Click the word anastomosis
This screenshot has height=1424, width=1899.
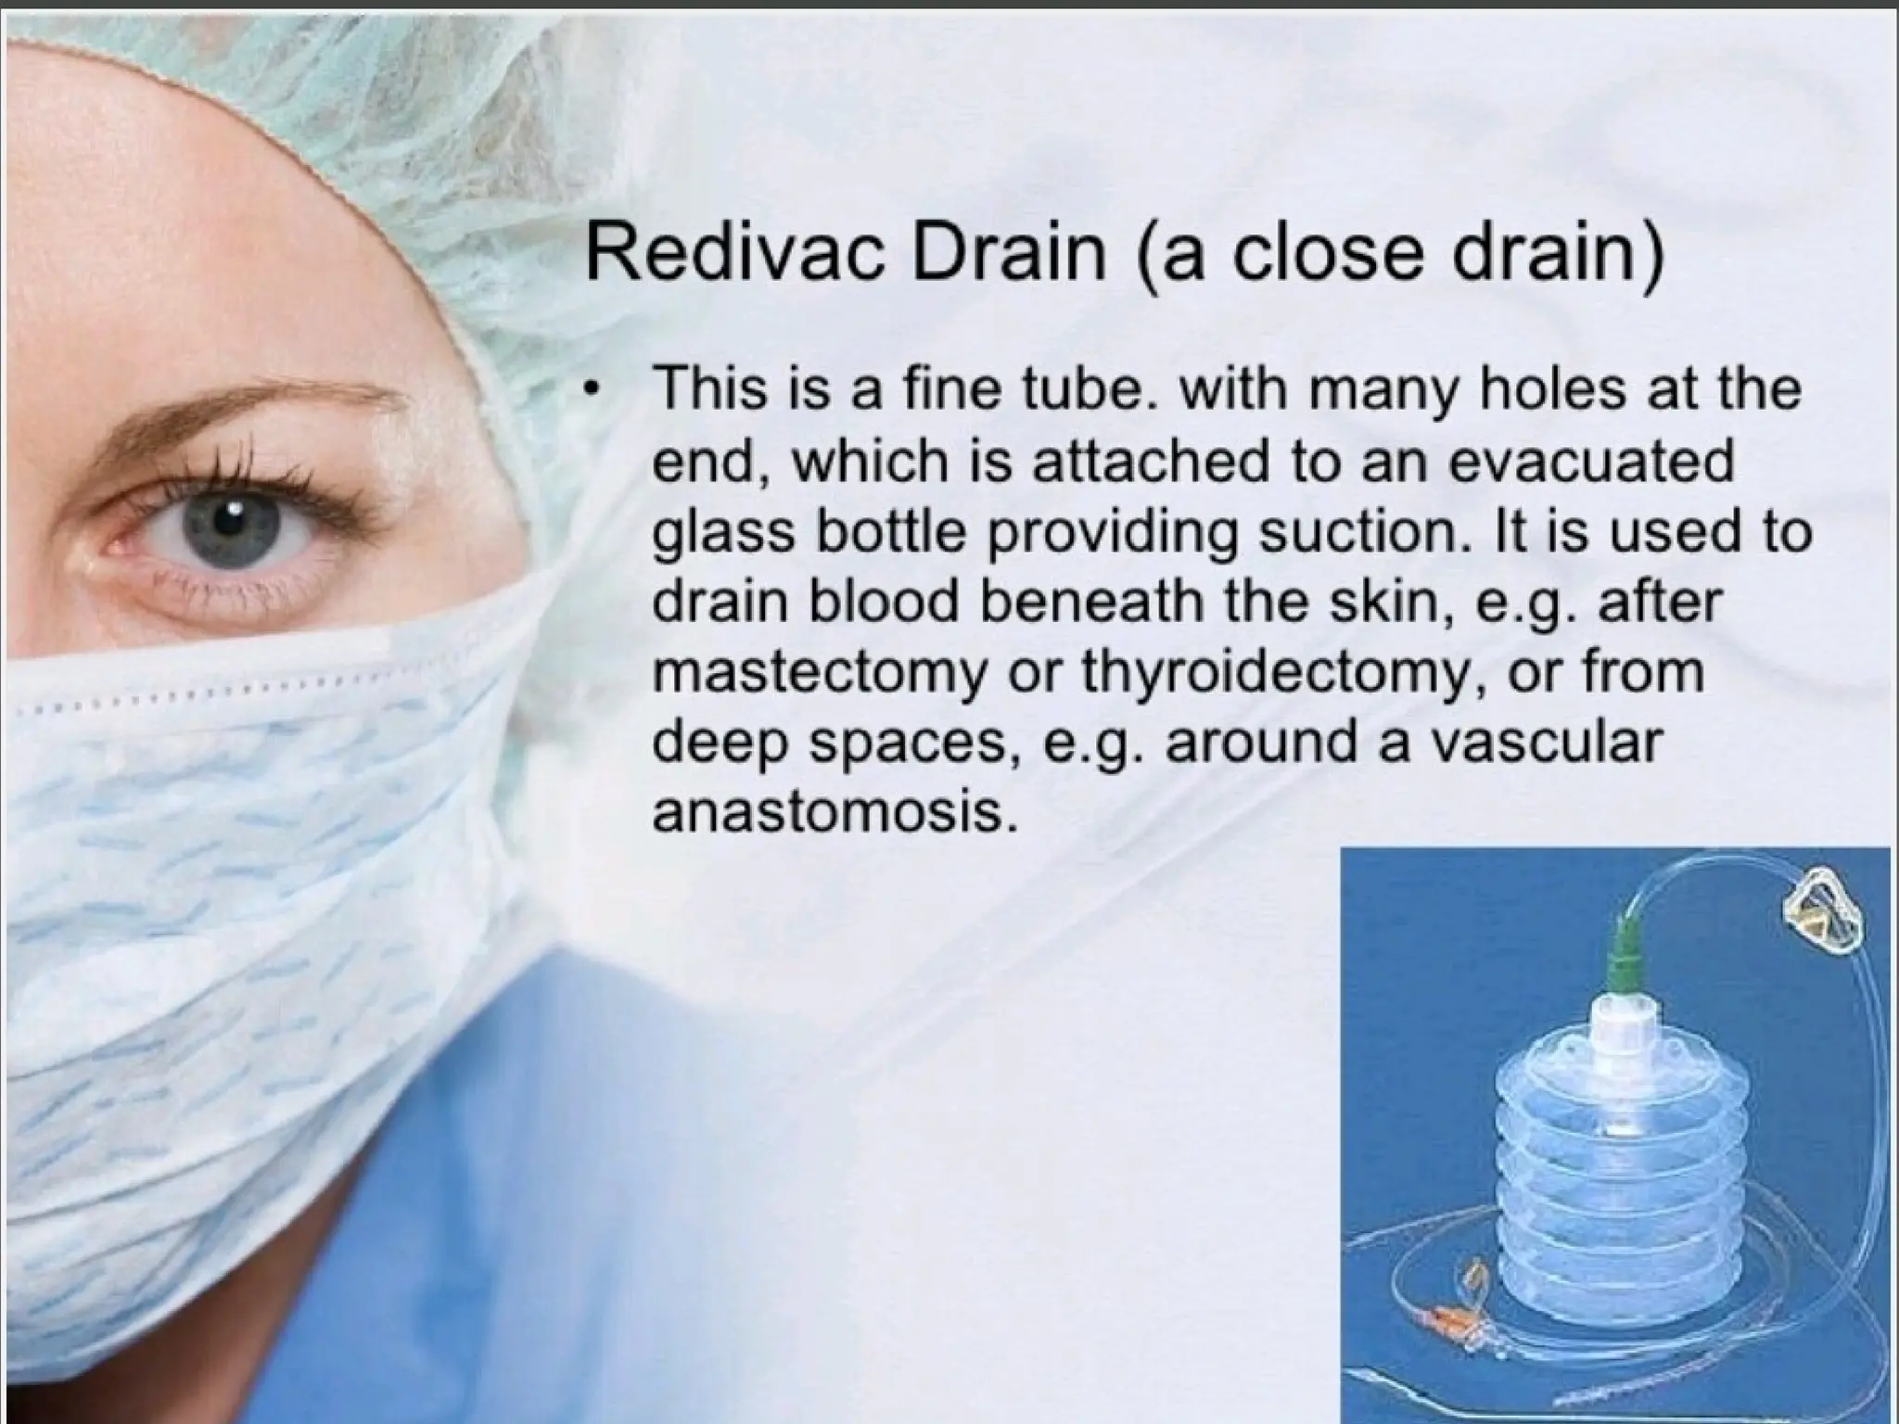point(829,812)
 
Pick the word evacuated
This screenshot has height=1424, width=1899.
point(1589,461)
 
